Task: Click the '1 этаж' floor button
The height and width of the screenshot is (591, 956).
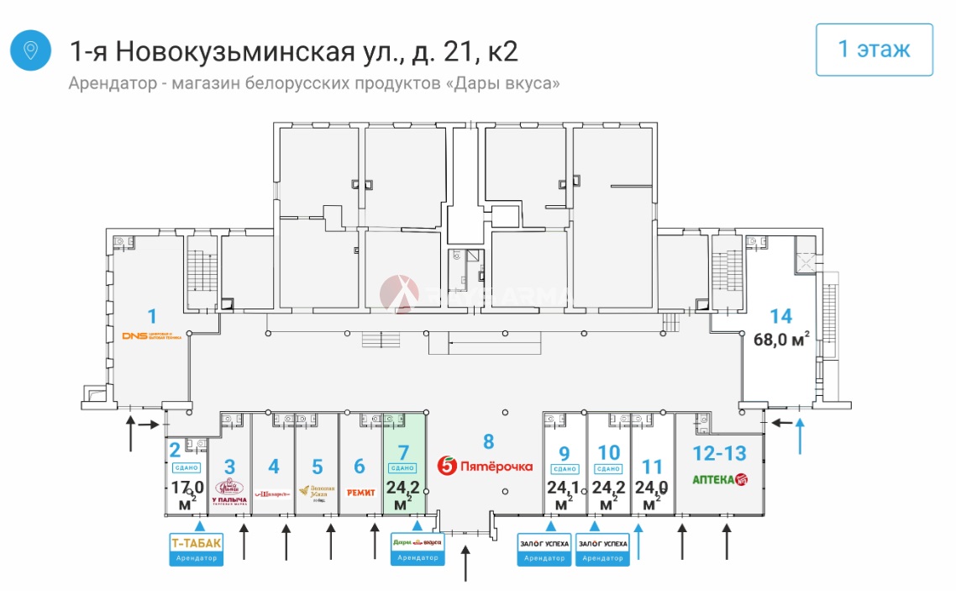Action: tap(875, 50)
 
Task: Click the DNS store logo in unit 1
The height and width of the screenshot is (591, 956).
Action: tap(152, 336)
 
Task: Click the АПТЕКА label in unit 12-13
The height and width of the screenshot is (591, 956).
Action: tap(719, 480)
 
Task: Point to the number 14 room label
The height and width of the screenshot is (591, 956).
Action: tap(780, 316)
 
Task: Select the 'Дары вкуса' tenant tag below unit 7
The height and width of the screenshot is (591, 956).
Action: tap(418, 546)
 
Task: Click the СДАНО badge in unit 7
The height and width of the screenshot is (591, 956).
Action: tap(404, 468)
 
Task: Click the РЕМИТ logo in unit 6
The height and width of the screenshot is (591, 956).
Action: tap(360, 492)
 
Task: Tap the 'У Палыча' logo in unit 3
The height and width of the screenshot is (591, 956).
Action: tap(229, 491)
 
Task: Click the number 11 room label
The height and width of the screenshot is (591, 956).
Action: tap(652, 467)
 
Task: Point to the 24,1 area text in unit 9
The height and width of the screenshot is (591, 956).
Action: tap(564, 487)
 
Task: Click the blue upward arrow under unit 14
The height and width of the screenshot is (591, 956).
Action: tap(800, 433)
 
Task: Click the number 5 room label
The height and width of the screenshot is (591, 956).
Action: tap(317, 467)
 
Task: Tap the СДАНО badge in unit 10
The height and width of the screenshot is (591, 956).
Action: tap(608, 468)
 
